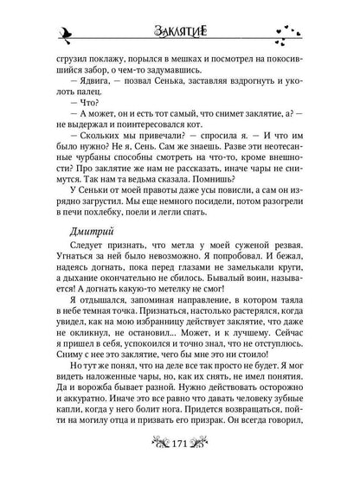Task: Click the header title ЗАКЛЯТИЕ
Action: (180, 31)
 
